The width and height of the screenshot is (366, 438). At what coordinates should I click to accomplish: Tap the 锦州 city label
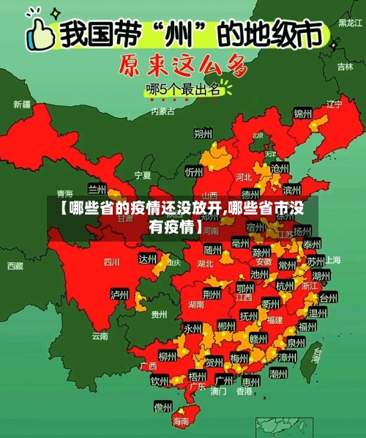coord(302,114)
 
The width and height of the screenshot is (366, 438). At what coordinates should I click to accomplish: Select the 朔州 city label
coord(203,133)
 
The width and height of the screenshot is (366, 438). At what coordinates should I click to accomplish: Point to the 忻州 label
coord(194,172)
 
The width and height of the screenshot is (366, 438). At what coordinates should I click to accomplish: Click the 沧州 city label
coord(280,168)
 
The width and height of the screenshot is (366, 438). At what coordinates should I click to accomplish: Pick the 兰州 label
coord(97,189)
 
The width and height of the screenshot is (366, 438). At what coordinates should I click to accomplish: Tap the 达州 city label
coord(149,259)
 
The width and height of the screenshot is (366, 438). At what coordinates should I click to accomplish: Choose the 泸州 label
coord(119,294)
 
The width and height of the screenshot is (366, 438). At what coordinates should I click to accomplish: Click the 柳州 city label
coord(167,357)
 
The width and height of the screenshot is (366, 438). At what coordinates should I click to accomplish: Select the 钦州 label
coord(160,381)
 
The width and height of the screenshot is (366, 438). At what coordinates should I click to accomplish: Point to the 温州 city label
coord(318,313)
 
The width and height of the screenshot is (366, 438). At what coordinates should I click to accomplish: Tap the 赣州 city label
coord(258,338)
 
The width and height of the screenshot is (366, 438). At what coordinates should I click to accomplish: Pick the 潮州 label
coord(278,374)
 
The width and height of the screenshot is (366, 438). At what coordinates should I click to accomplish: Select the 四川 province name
coord(111,261)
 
